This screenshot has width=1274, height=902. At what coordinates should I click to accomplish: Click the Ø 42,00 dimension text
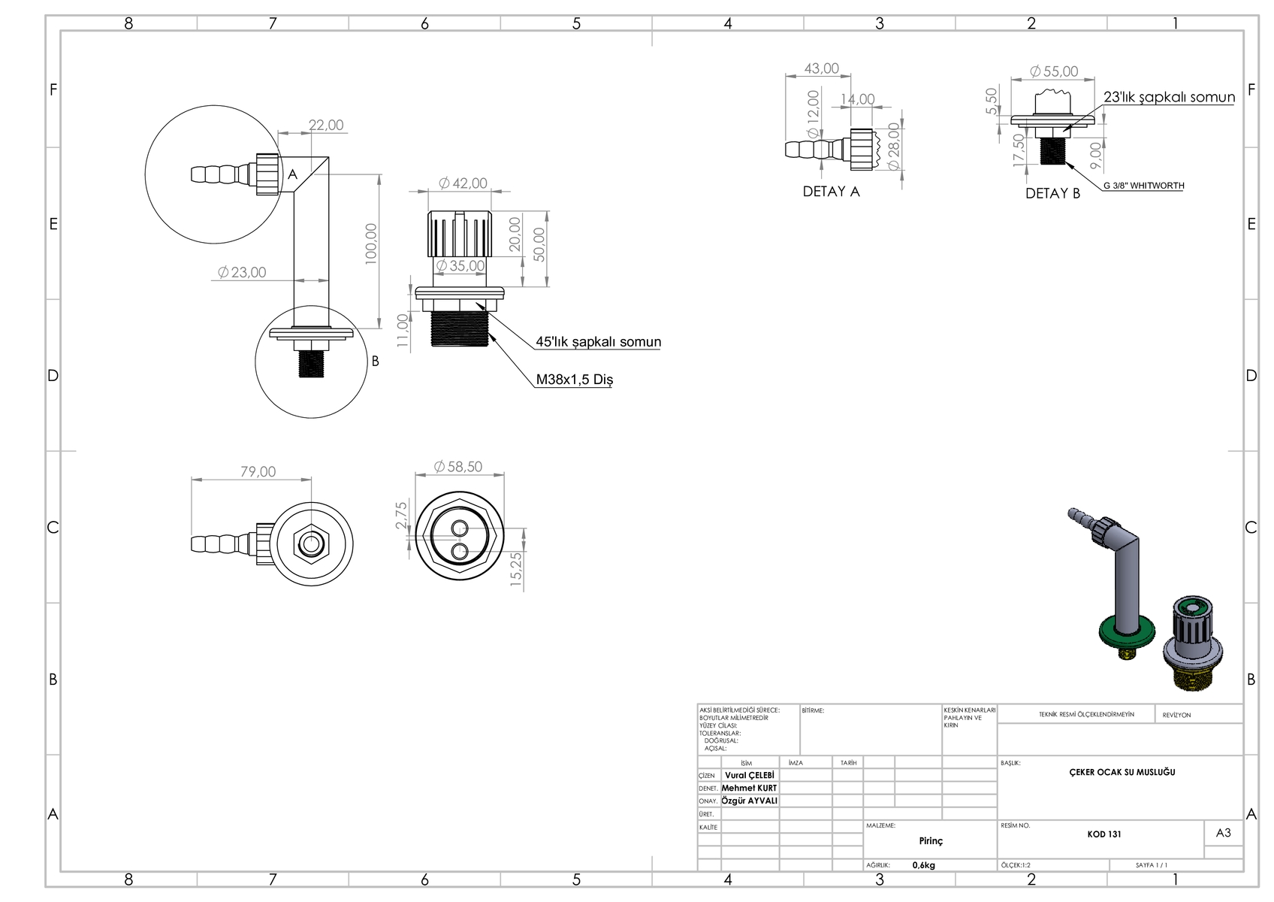pyautogui.click(x=463, y=183)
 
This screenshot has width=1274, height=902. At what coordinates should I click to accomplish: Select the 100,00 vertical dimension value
pyautogui.click(x=371, y=243)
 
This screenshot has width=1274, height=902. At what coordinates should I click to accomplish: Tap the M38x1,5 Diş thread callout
pyautogui.click(x=574, y=380)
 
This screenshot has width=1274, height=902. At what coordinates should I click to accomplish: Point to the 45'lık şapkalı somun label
pyautogui.click(x=598, y=342)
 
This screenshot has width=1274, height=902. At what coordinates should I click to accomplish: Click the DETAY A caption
pyautogui.click(x=831, y=192)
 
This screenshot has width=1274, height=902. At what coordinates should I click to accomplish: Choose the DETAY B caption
pyautogui.click(x=1052, y=193)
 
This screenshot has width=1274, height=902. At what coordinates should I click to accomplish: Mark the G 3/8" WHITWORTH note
pyautogui.click(x=1143, y=186)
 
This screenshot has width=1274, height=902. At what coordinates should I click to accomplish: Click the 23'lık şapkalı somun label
pyautogui.click(x=1169, y=97)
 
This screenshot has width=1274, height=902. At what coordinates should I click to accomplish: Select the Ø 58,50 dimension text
pyautogui.click(x=458, y=467)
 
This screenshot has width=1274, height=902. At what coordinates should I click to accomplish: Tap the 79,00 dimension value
pyautogui.click(x=258, y=472)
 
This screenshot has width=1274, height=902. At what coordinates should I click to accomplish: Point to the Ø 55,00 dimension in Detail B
pyautogui.click(x=1053, y=71)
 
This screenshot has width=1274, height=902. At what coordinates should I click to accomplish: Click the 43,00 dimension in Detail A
pyautogui.click(x=821, y=68)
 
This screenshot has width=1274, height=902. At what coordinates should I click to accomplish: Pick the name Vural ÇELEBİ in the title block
pyautogui.click(x=749, y=775)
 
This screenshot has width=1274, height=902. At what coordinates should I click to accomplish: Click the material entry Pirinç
pyautogui.click(x=931, y=841)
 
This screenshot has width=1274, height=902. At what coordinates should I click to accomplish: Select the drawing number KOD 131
pyautogui.click(x=1104, y=834)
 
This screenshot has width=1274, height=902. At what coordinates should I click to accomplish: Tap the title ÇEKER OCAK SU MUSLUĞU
pyautogui.click(x=1122, y=772)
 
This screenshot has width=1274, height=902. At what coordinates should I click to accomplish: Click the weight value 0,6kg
pyautogui.click(x=923, y=865)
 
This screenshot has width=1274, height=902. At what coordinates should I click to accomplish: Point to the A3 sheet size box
pyautogui.click(x=1223, y=833)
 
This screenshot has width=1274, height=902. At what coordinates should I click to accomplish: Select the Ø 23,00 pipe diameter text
pyautogui.click(x=242, y=273)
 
